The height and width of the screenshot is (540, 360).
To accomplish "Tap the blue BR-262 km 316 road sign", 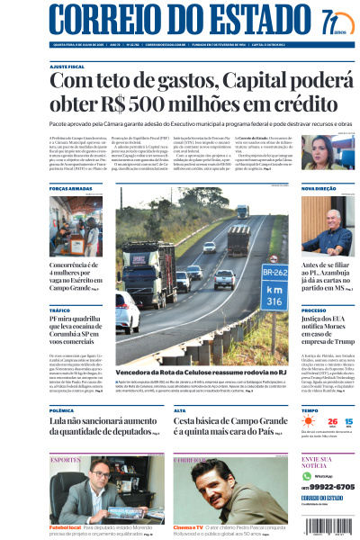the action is pyautogui.click(x=274, y=285).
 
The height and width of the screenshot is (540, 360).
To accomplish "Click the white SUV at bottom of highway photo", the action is pyautogui.click(x=128, y=314).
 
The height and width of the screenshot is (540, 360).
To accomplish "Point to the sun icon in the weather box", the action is pyautogui.click(x=309, y=422).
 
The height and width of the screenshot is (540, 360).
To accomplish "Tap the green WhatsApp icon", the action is pyautogui.click(x=307, y=475).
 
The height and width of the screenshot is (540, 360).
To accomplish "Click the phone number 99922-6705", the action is pyautogui.click(x=329, y=486).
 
